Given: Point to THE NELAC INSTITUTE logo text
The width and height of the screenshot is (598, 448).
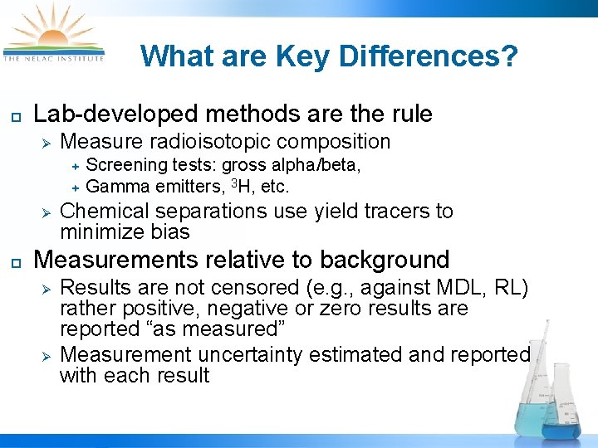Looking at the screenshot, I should [x=54, y=58].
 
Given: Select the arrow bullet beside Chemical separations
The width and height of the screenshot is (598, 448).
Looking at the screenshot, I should [x=47, y=212].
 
